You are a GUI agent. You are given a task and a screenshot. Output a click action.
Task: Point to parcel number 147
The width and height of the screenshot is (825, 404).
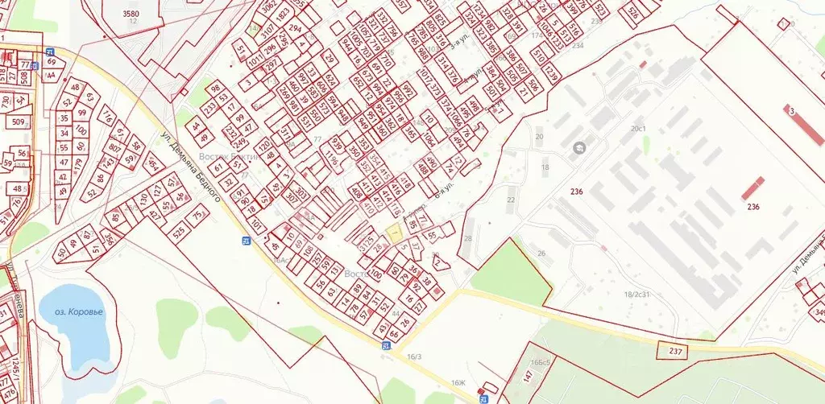(528, 375)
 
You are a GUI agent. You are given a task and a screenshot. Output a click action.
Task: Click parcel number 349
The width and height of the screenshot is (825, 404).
(819, 312)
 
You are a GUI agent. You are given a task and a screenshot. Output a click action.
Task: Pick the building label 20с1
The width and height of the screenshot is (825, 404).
(639, 129)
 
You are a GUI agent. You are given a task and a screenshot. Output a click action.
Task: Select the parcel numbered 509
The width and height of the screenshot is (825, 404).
(18, 122)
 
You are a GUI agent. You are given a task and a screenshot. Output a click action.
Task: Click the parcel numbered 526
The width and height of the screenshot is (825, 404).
(633, 14)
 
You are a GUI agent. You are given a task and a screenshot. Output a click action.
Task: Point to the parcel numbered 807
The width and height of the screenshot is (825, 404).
(114, 148)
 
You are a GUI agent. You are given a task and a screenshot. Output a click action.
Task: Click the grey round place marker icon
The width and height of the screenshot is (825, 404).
(578, 149)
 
